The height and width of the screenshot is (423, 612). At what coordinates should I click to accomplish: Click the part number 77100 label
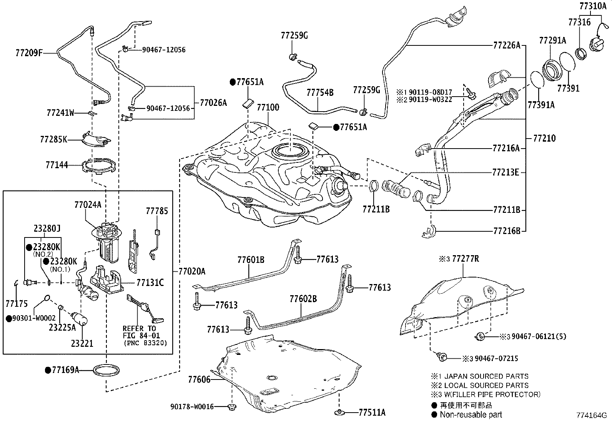click(268, 107)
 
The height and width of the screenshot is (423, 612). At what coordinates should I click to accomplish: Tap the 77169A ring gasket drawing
click(106, 370)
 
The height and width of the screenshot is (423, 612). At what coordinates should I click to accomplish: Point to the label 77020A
click(191, 272)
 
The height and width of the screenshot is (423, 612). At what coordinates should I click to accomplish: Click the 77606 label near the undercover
click(199, 380)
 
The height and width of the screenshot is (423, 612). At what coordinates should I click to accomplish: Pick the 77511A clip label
click(372, 413)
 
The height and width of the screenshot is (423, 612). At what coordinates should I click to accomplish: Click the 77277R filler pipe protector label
click(465, 259)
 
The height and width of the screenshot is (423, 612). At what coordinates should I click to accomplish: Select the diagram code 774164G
click(591, 415)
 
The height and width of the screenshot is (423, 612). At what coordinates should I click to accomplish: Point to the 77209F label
click(29, 53)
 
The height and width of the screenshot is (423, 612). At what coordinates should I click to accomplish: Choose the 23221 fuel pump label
click(82, 343)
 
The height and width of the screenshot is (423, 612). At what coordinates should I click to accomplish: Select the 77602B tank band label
click(303, 299)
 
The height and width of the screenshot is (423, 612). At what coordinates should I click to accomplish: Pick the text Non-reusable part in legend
click(471, 415)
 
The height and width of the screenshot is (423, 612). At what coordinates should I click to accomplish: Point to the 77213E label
click(505, 172)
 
